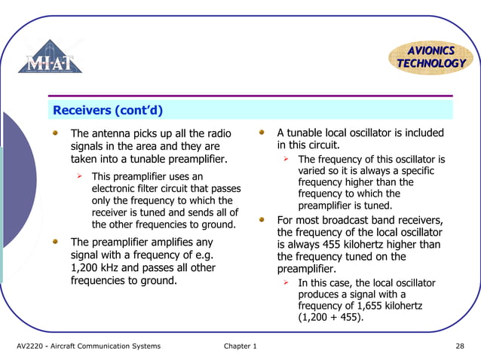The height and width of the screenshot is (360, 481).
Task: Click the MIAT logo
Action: pos(51,57)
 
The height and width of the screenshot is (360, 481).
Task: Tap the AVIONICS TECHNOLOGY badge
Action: pos(431,56)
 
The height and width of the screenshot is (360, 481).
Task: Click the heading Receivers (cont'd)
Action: pos(108,111)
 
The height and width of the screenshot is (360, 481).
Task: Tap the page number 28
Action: pos(459,346)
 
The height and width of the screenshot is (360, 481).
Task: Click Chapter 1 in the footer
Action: pos(240,346)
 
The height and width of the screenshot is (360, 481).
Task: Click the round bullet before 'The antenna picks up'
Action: pos(55,133)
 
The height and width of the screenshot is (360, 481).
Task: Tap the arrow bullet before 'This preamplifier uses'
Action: pos(78,176)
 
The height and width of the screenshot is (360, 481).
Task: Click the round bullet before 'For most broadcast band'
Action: pos(262,220)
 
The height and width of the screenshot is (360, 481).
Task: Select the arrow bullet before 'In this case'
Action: pos(286,283)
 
